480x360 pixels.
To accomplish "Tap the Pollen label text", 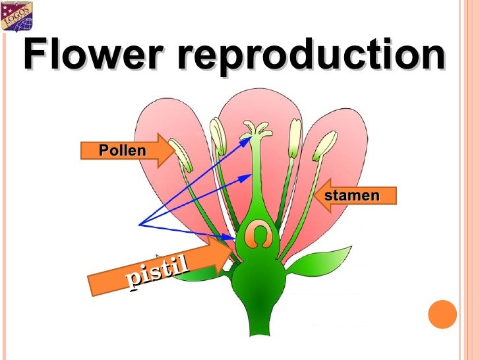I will point(122,150).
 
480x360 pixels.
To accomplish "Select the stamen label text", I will point(352,196).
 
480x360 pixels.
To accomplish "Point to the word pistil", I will point(158,273).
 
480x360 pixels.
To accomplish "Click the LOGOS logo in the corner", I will point(16,17).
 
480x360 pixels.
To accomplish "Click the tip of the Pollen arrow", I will point(175,150).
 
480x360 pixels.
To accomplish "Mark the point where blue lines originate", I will point(139,225).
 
